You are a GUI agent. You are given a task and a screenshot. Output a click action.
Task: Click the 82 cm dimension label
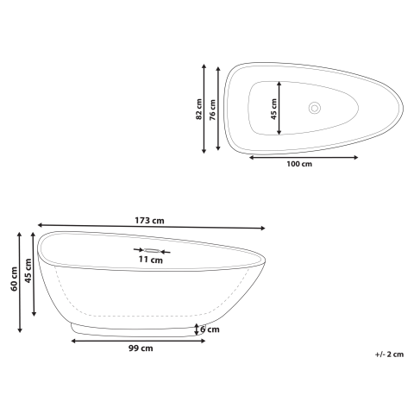pyautogui.click(x=198, y=109)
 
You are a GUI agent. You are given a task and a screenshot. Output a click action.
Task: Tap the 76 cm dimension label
pyautogui.click(x=212, y=109)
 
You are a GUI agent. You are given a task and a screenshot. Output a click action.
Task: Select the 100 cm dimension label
pyautogui.click(x=298, y=164)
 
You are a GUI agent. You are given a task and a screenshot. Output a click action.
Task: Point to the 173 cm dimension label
pyautogui.click(x=149, y=221)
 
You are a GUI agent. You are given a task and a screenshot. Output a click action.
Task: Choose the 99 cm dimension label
pyautogui.click(x=140, y=348)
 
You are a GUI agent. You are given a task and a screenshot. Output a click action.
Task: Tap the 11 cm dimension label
pyautogui.click(x=151, y=259)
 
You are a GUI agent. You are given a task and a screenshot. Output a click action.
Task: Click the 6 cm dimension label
pyautogui.click(x=209, y=329)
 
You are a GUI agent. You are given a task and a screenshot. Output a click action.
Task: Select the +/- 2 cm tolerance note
pyautogui.click(x=389, y=354)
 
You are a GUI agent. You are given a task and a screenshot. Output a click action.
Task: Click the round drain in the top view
pyautogui.click(x=315, y=109)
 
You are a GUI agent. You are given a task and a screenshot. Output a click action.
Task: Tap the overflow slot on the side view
pyautogui.click(x=152, y=250)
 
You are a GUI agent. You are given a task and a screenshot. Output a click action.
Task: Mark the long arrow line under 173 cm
pyautogui.click(x=151, y=228)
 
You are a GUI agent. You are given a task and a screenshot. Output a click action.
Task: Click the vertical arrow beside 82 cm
pyautogui.click(x=205, y=109)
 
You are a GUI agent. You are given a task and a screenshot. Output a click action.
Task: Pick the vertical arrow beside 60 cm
pyautogui.click(x=22, y=281)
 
